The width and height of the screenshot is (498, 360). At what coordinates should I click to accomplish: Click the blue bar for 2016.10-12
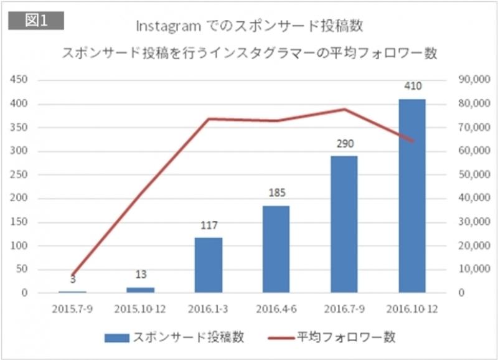click(412, 196)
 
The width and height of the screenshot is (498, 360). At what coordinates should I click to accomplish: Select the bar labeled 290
click(344, 224)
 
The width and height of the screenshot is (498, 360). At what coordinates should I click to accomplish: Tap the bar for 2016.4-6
click(276, 249)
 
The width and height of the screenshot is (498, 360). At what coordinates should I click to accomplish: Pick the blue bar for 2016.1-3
click(208, 265)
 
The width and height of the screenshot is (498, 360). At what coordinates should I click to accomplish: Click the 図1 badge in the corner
click(35, 19)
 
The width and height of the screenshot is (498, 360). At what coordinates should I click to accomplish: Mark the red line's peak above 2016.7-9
click(344, 109)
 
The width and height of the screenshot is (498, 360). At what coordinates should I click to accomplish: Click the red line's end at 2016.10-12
click(412, 141)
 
